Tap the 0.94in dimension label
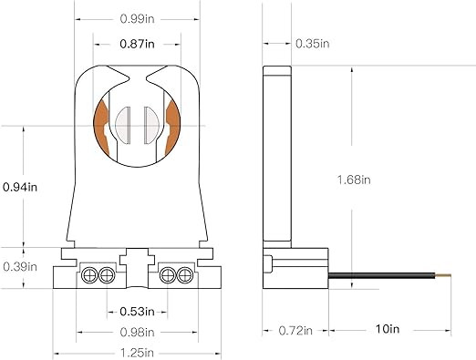click(x=19, y=187)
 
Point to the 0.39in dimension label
click(x=19, y=266)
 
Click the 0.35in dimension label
click(x=313, y=43)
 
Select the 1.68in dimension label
click(x=354, y=179)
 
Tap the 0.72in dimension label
click(x=295, y=329)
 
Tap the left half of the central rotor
click(x=129, y=124)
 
